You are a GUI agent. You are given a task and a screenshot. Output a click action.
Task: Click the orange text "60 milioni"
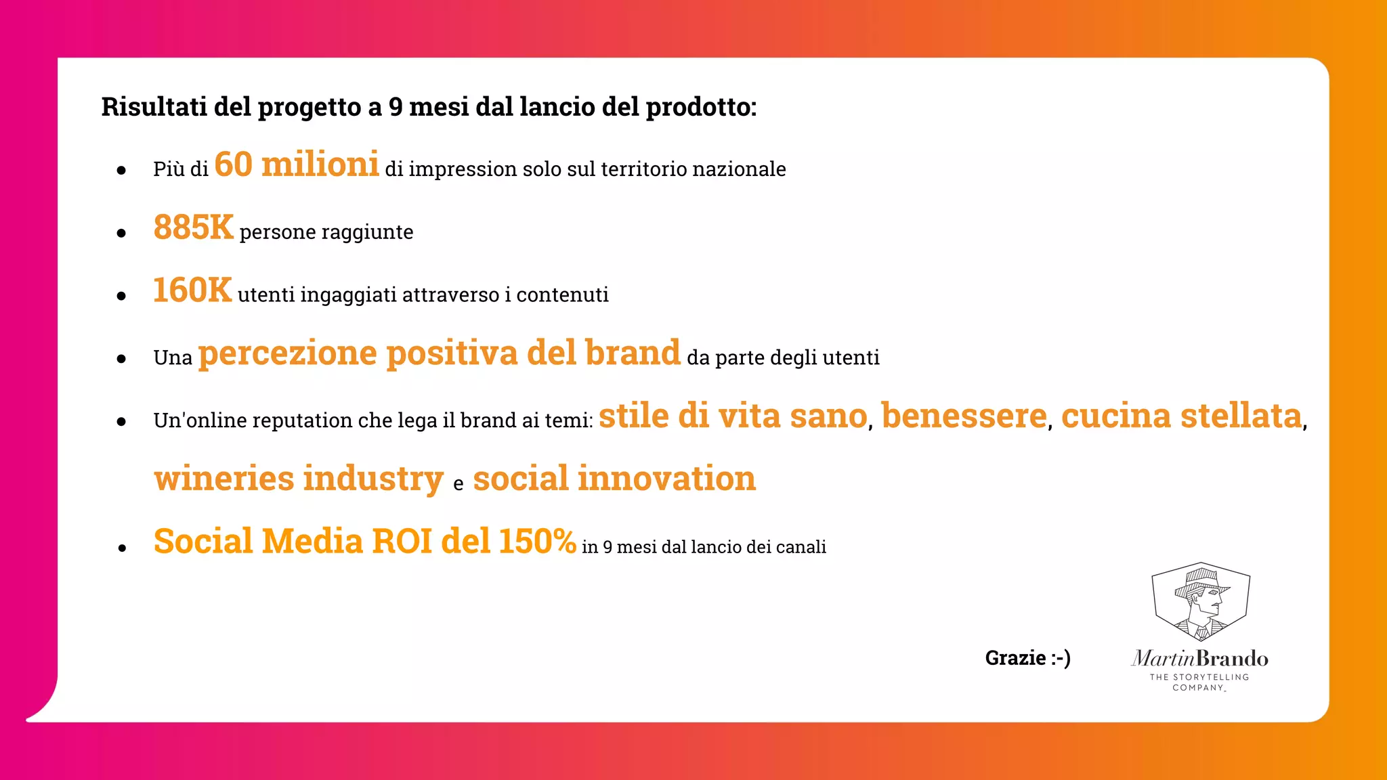click(x=296, y=165)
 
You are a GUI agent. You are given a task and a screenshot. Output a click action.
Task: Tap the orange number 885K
click(x=193, y=227)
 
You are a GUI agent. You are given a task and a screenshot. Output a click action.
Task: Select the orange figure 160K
click(x=192, y=290)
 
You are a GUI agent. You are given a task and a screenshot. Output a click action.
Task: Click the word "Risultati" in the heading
click(x=154, y=107)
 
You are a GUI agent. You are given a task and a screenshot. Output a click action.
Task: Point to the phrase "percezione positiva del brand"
click(x=439, y=353)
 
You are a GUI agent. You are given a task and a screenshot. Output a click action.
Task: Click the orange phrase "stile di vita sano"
click(x=733, y=416)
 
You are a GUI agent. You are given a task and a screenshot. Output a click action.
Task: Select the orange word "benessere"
click(x=964, y=416)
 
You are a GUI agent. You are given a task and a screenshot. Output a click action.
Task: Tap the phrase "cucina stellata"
click(x=1181, y=416)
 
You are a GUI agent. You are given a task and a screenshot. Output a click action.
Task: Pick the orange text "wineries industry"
click(x=299, y=479)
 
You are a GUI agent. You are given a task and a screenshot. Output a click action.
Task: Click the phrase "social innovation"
click(x=614, y=479)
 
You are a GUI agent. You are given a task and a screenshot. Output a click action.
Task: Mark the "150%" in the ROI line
click(x=537, y=542)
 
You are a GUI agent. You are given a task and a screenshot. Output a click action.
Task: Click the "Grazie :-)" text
click(x=1027, y=658)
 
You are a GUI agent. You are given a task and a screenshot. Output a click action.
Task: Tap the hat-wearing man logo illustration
click(x=1201, y=602)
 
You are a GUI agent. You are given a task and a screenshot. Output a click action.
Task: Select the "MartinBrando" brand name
click(x=1200, y=658)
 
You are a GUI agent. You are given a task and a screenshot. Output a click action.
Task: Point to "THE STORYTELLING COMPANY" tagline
click(x=1199, y=682)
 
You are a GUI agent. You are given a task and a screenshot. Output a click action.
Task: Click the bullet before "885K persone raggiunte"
click(x=121, y=234)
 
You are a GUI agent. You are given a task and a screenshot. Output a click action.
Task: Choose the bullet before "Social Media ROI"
click(x=122, y=548)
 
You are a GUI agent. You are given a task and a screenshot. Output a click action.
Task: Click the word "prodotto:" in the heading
click(x=701, y=107)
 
